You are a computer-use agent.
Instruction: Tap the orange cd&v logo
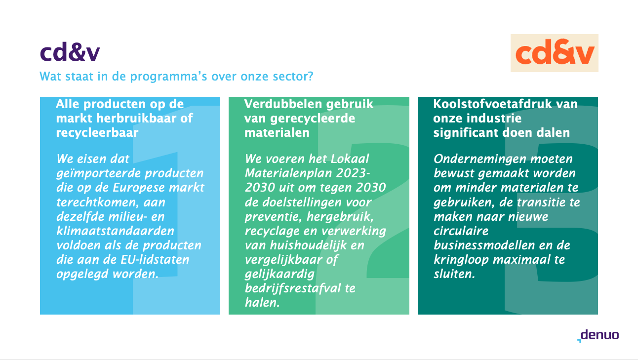(x=554, y=53)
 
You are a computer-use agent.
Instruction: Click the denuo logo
(x=598, y=335)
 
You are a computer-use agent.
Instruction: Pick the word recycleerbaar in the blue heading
(x=97, y=133)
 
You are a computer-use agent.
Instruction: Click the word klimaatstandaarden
(x=115, y=231)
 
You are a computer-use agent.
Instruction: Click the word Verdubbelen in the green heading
(x=283, y=104)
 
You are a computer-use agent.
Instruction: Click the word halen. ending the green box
(x=262, y=302)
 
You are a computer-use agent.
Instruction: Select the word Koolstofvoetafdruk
(x=492, y=104)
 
